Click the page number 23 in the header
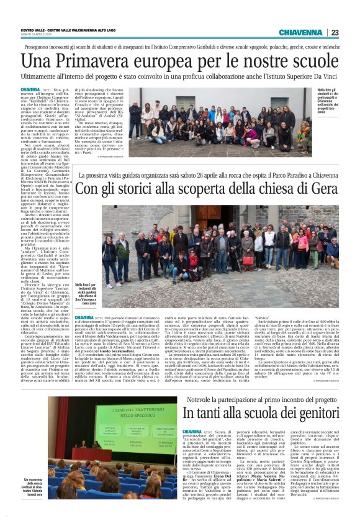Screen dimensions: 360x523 335,32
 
